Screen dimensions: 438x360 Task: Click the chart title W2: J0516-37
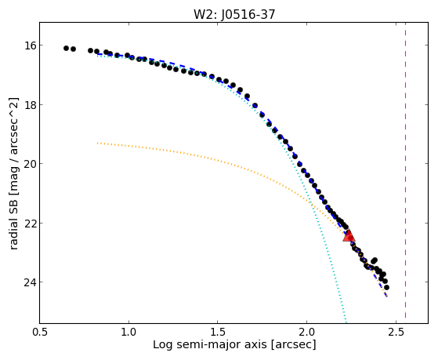pos(234,15)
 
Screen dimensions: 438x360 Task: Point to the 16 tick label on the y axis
pos(30,45)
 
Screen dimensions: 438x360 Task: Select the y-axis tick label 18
pos(30,104)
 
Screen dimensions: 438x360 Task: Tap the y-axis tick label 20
pos(30,164)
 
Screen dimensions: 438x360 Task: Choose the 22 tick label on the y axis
pos(30,224)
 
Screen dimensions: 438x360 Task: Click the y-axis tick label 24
pos(30,282)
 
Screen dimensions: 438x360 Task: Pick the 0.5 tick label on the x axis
pos(40,332)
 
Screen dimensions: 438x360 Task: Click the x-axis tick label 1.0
pos(129,332)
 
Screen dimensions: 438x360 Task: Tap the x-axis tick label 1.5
pos(218,332)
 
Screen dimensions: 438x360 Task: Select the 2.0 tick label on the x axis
pos(306,332)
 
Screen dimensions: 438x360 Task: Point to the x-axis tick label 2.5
pos(396,332)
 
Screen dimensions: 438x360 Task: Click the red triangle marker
pos(349,236)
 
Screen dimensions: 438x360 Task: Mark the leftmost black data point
pos(66,48)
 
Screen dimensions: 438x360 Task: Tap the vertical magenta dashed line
pos(405,170)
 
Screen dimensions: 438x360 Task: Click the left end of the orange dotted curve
pos(97,144)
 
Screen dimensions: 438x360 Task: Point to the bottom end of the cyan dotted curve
pos(346,322)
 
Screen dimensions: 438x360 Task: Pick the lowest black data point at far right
pos(386,287)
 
